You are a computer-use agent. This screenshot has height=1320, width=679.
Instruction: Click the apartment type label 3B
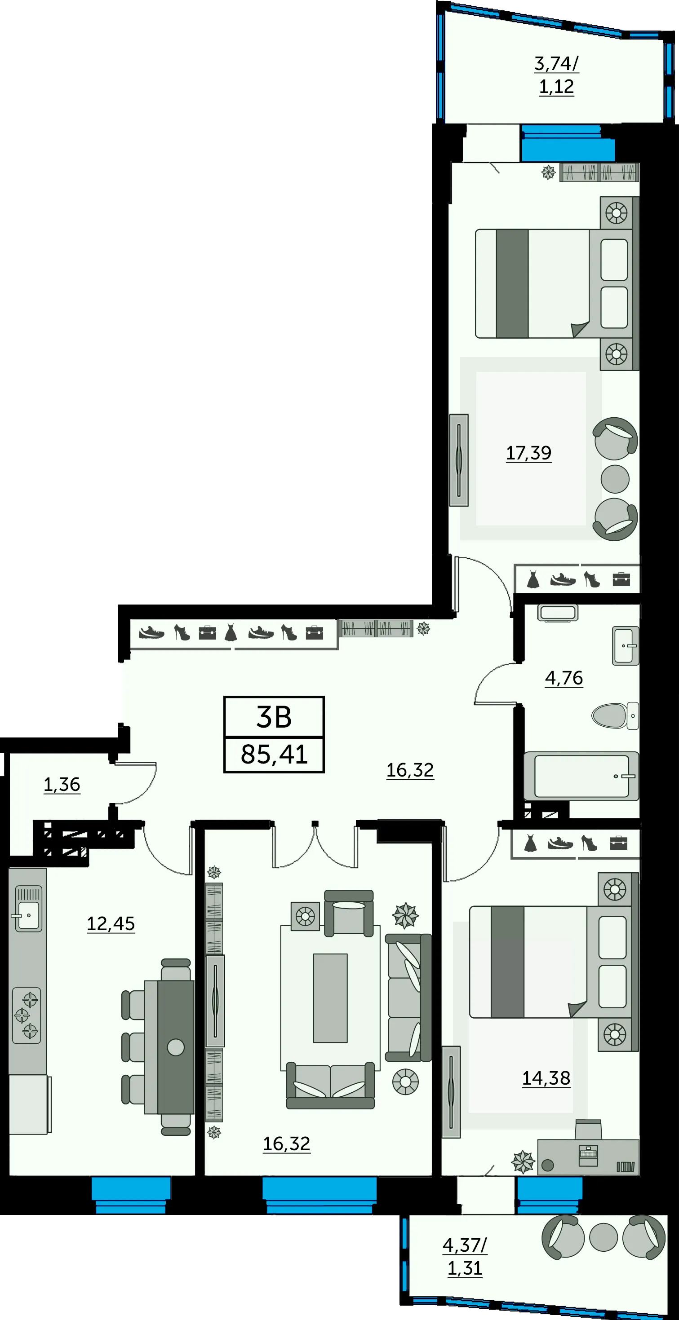coord(274,716)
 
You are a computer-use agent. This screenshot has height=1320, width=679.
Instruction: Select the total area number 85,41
coord(274,754)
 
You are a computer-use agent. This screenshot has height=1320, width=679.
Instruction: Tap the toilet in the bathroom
coord(615,715)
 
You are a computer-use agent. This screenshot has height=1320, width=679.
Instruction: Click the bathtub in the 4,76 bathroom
coord(581,776)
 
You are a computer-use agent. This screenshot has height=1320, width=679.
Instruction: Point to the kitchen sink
coord(28,909)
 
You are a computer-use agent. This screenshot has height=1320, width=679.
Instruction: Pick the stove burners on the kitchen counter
coord(26,1015)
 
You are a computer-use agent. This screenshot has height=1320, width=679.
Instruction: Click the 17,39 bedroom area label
coord(529,453)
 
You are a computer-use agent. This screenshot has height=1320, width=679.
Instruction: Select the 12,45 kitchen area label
coord(111,924)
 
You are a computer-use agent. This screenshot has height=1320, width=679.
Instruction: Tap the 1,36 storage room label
coord(62,785)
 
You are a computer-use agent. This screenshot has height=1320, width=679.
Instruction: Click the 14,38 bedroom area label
coord(546,1078)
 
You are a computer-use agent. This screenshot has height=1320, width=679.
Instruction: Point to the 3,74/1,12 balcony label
coord(556,75)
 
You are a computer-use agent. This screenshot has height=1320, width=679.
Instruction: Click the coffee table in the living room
coord(330,998)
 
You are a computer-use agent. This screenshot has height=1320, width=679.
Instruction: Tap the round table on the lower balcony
coord(604,1237)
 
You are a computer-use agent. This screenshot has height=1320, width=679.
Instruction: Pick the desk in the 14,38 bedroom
coord(588,1157)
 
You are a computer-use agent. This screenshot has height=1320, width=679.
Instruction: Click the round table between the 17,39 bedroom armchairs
coord(615,479)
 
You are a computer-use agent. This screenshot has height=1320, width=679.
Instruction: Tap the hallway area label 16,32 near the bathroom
coord(410,770)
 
